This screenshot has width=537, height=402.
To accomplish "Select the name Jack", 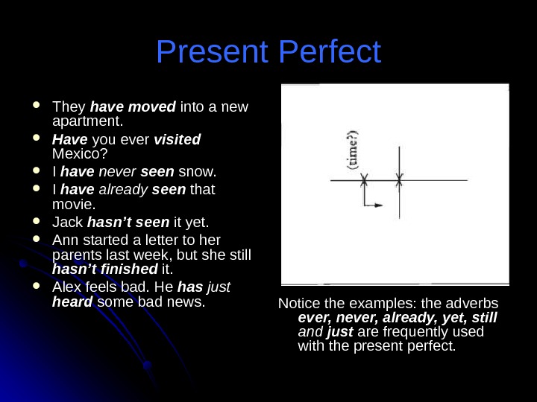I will (x=68, y=223).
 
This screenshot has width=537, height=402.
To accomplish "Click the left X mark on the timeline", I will (x=364, y=180).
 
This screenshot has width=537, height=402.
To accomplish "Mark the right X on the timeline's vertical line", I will (x=399, y=180).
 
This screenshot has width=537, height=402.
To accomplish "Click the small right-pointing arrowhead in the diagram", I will (x=380, y=204).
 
